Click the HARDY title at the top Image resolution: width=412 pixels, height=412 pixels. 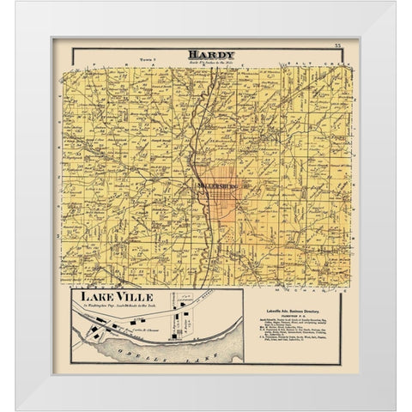point(206,55)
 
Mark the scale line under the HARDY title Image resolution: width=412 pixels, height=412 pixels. point(206,63)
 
